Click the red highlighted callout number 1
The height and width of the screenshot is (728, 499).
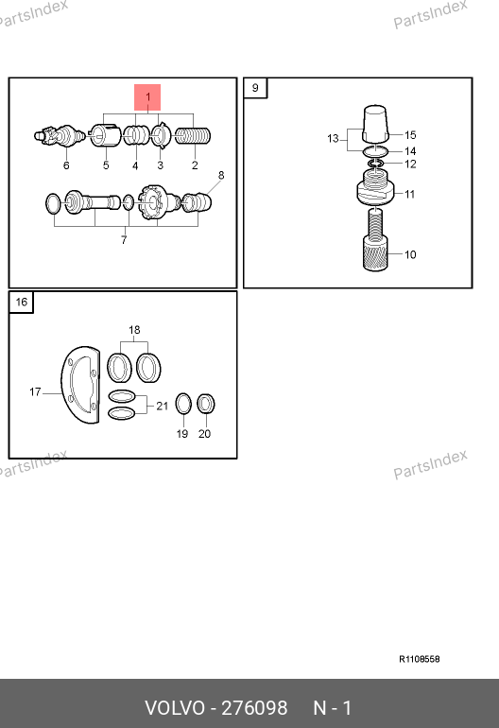[147, 97]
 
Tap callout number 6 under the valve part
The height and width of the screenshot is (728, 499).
[66, 165]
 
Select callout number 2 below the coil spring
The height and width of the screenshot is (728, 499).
[195, 165]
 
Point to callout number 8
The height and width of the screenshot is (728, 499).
[221, 176]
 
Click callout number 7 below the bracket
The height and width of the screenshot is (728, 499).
[124, 240]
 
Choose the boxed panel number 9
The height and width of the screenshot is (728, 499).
[255, 88]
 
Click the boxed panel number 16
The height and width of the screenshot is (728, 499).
[22, 303]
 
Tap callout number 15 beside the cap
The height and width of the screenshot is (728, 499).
[410, 135]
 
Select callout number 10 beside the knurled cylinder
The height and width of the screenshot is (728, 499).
[410, 254]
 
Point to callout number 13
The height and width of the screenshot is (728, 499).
[333, 138]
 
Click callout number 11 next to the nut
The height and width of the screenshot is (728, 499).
[409, 194]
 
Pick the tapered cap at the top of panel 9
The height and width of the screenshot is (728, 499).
[375, 123]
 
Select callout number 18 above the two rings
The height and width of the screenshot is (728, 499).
[134, 330]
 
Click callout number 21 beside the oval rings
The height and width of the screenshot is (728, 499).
[162, 407]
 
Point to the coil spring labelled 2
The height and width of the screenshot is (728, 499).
[193, 136]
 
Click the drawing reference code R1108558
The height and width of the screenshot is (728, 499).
[420, 659]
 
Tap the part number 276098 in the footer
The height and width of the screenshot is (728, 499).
[254, 708]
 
